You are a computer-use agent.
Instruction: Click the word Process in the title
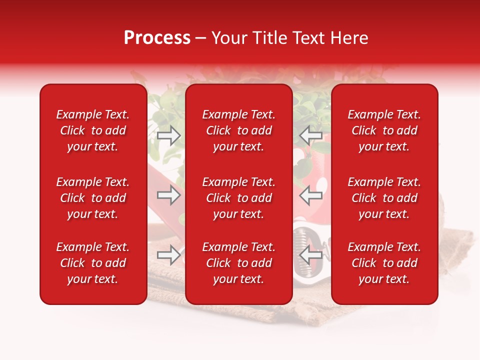coord(157,38)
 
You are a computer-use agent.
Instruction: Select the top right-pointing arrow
coord(169,135)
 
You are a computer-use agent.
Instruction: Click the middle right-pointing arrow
coord(169,195)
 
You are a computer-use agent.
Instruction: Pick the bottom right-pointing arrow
coord(169,255)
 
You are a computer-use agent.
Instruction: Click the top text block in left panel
coord(93,130)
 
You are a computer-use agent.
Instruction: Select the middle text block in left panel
coord(93,198)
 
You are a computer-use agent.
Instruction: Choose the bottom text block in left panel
coord(93,263)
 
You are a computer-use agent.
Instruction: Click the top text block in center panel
coord(238,130)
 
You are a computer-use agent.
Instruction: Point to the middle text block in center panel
coord(238,198)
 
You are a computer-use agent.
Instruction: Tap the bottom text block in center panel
coord(238,263)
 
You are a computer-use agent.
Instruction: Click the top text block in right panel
coord(384,130)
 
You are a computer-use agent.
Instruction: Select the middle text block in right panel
coord(384,198)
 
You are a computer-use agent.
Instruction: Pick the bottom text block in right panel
coord(384,263)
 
